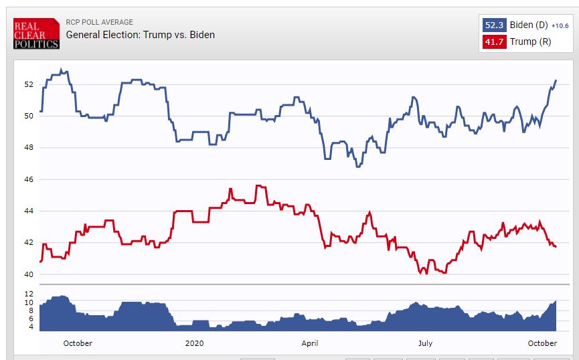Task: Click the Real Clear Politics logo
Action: click(x=36, y=33)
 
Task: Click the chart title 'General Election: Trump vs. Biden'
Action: click(x=140, y=35)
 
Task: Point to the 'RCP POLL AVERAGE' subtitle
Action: click(x=99, y=22)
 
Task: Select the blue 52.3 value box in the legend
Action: click(x=494, y=25)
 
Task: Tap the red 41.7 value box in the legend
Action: click(x=494, y=41)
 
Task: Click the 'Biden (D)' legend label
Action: click(x=529, y=25)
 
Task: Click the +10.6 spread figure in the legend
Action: click(x=560, y=26)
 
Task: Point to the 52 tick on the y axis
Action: click(x=29, y=84)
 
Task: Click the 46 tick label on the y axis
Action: click(x=29, y=179)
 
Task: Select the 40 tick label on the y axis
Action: click(x=29, y=274)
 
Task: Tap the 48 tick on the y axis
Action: click(x=29, y=148)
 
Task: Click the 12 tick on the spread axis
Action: click(x=29, y=294)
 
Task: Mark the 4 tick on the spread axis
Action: click(x=30, y=327)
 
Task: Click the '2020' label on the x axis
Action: click(x=194, y=343)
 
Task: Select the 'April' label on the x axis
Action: click(x=310, y=343)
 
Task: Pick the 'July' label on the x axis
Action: click(x=425, y=343)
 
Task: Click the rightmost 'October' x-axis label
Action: click(x=542, y=343)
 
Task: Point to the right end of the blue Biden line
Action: click(x=556, y=80)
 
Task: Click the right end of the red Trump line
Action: click(x=556, y=247)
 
